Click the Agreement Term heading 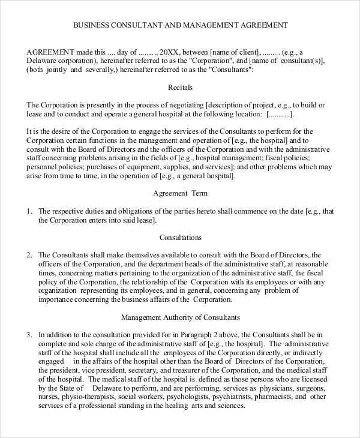pyautogui.click(x=180, y=194)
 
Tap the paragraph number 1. pyautogui.click(x=29, y=211)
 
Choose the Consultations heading pyautogui.click(x=180, y=238)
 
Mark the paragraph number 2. pyautogui.click(x=29, y=255)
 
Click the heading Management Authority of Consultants pyautogui.click(x=180, y=317)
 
